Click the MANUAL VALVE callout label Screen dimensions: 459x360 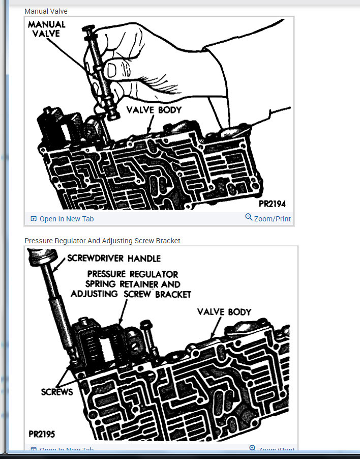coord(46,29)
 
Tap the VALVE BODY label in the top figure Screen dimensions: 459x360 coord(154,109)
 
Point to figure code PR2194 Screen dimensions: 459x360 coord(272,204)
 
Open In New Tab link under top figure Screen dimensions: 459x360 coord(66,219)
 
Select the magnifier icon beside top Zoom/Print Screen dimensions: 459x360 coord(249,217)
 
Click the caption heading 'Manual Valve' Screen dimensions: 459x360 coord(46,11)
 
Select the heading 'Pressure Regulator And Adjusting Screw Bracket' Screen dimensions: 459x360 coord(102,241)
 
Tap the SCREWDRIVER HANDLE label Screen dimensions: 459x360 coord(114,258)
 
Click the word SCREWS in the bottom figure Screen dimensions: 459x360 coord(57,392)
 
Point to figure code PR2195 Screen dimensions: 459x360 coord(42,435)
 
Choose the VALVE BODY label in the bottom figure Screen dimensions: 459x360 coord(224,311)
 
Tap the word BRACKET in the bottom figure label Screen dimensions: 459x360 coord(170,294)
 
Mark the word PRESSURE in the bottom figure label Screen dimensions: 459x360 coord(110,274)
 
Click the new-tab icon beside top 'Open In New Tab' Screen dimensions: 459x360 coord(34,219)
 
